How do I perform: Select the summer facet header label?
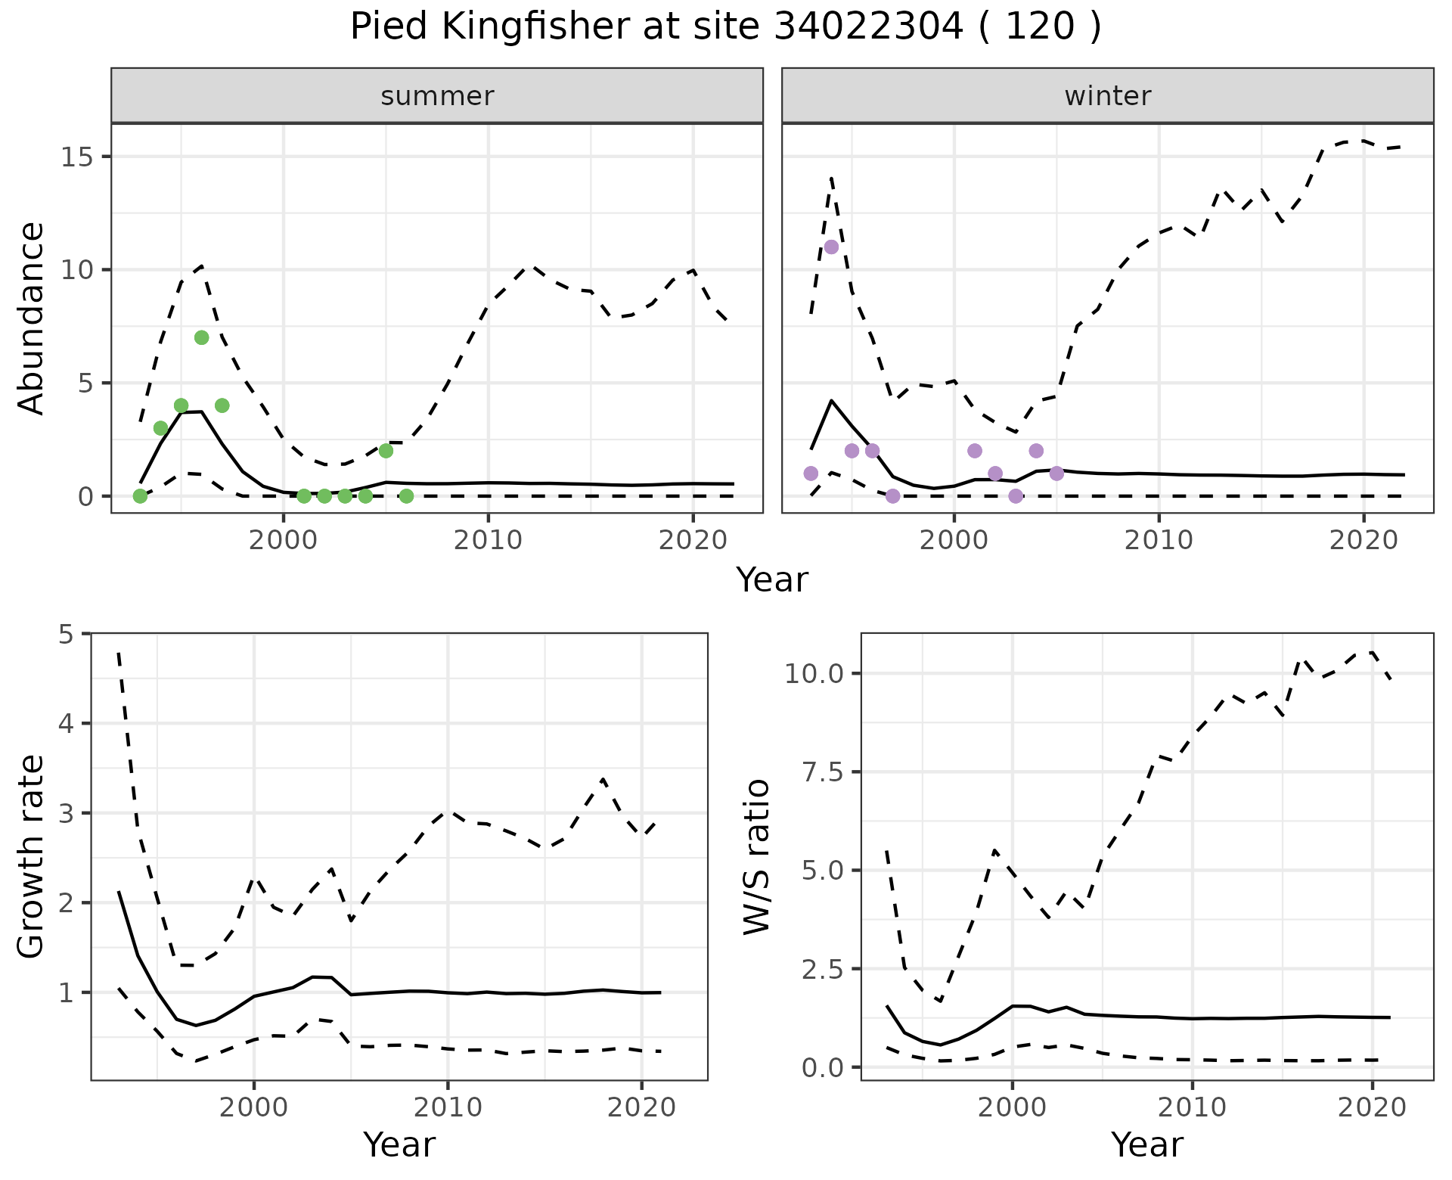[437, 96]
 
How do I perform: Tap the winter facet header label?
[1107, 96]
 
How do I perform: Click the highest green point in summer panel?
[202, 337]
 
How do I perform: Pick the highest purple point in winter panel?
[831, 247]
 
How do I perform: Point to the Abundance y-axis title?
[32, 318]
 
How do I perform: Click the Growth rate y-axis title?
[32, 856]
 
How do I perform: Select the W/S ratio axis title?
[756, 856]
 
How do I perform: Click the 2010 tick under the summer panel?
[488, 540]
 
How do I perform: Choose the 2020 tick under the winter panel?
[1364, 540]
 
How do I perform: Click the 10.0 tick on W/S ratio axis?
[814, 673]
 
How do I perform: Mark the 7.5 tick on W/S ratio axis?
[819, 772]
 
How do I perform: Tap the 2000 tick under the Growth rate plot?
[254, 1108]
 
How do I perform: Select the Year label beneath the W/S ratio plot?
[1146, 1144]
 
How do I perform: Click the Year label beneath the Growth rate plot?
[399, 1144]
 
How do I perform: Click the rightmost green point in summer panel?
[406, 496]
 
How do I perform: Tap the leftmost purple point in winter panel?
[811, 474]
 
